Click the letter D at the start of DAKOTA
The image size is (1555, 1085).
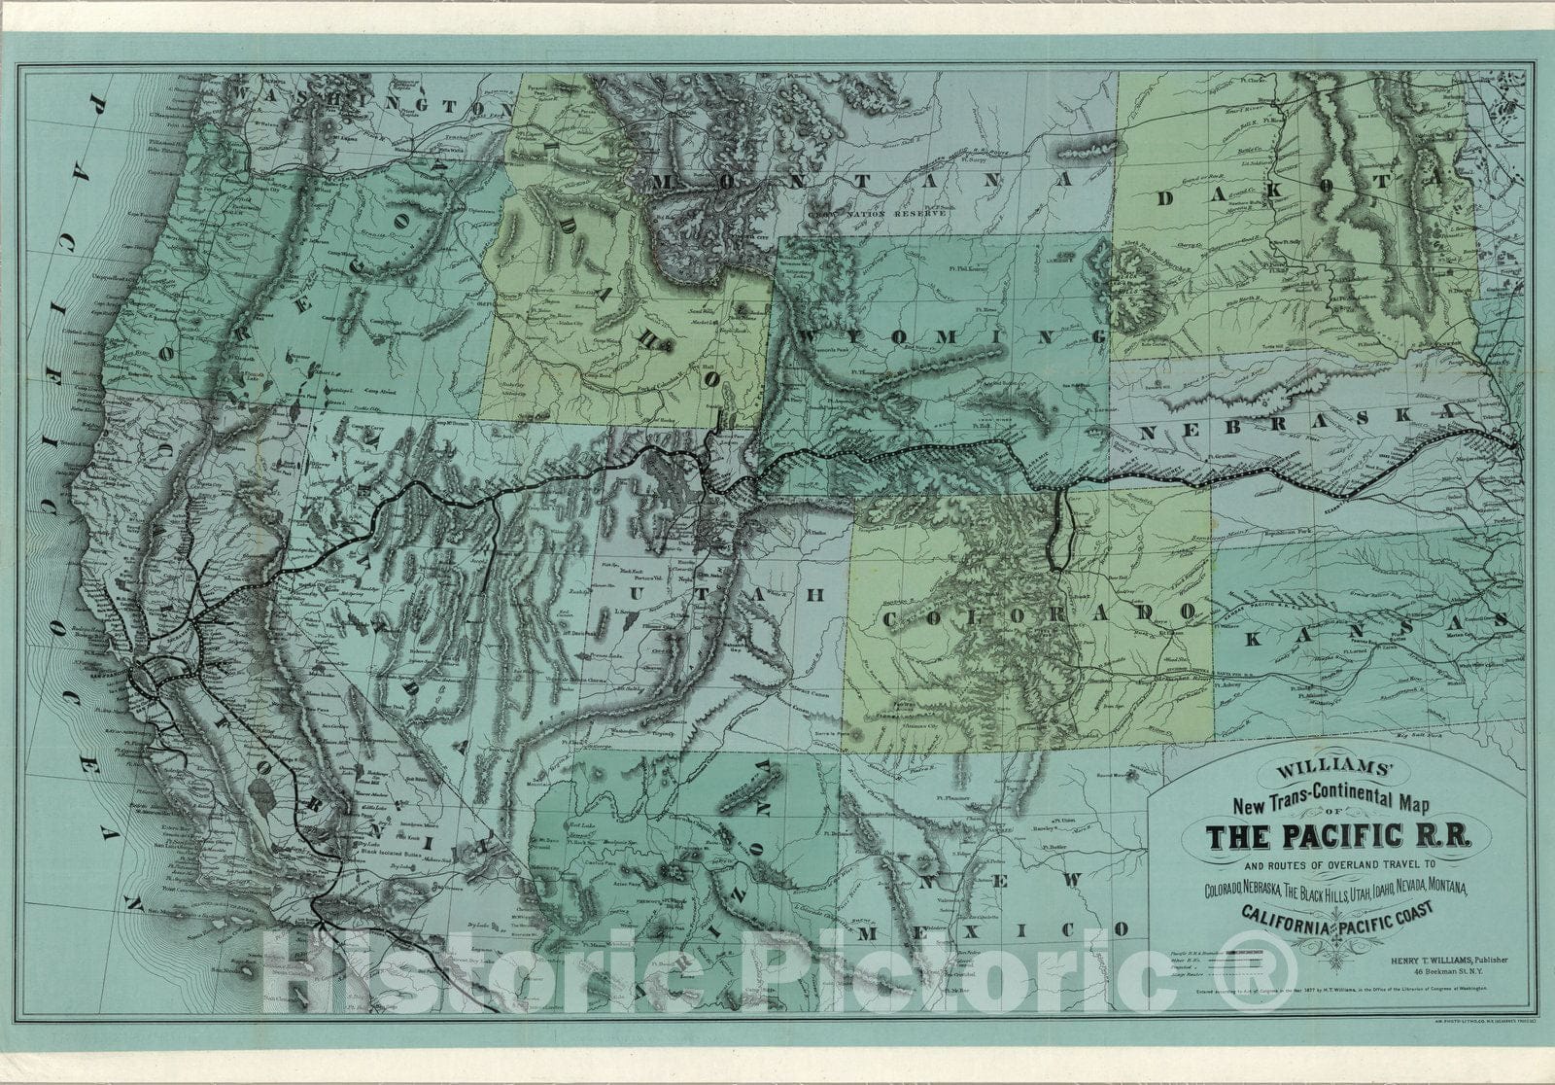point(1169,198)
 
